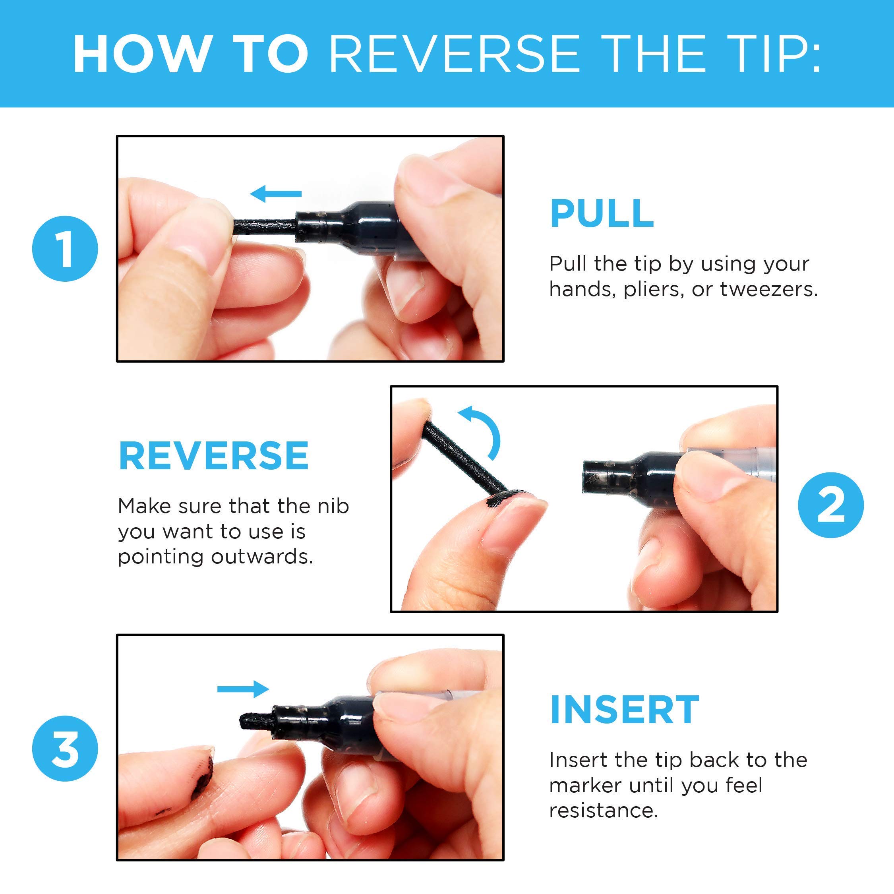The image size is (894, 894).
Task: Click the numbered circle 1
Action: click(x=65, y=248)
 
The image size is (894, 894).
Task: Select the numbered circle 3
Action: click(x=65, y=748)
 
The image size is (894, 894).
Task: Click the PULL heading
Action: click(x=602, y=213)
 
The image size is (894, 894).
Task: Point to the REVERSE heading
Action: click(x=214, y=456)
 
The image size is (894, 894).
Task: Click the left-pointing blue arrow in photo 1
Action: click(x=276, y=194)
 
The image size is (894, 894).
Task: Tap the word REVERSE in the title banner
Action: click(x=455, y=53)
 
